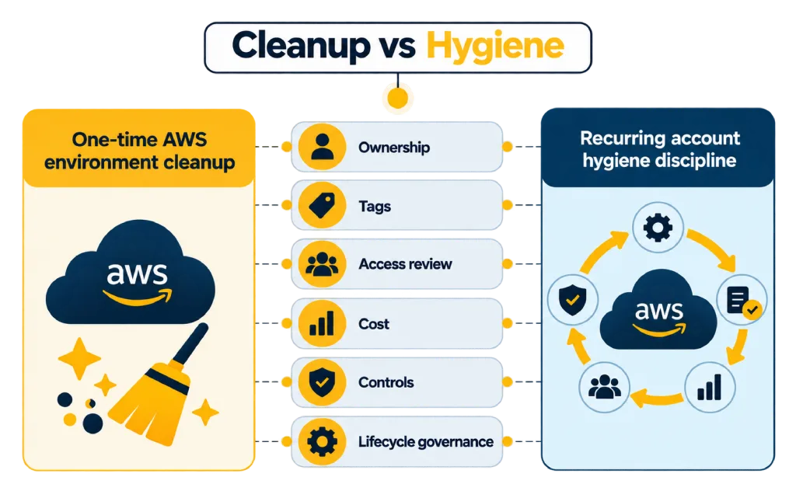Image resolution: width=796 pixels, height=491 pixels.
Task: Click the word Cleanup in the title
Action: [x=302, y=46]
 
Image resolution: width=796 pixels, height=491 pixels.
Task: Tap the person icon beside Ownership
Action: [x=322, y=147]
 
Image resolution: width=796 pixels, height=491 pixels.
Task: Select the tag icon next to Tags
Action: [x=322, y=205]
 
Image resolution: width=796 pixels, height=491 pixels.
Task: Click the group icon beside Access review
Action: [x=322, y=264]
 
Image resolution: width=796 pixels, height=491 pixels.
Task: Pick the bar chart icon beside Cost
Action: [x=322, y=323]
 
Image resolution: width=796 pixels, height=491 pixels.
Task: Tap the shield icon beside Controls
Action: [x=322, y=382]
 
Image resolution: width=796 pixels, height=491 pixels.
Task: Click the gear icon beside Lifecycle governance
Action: [x=322, y=441]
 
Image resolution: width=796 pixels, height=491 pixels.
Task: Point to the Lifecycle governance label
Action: [x=425, y=442]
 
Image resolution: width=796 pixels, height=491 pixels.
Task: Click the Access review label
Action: [x=405, y=264]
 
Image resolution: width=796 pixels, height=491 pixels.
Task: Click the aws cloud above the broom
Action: [x=131, y=272]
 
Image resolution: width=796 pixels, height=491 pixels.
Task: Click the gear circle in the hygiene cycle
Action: [x=658, y=227]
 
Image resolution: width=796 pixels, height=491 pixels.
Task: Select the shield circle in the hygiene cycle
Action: [x=573, y=299]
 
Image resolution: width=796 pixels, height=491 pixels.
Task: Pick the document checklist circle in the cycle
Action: [x=742, y=301]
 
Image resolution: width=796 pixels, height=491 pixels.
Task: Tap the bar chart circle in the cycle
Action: [x=710, y=387]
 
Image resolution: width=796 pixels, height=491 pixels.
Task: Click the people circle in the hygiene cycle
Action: [x=604, y=387]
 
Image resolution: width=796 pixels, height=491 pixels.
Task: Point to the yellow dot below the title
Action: [x=397, y=98]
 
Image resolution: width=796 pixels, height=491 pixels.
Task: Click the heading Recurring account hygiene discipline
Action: [x=659, y=149]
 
